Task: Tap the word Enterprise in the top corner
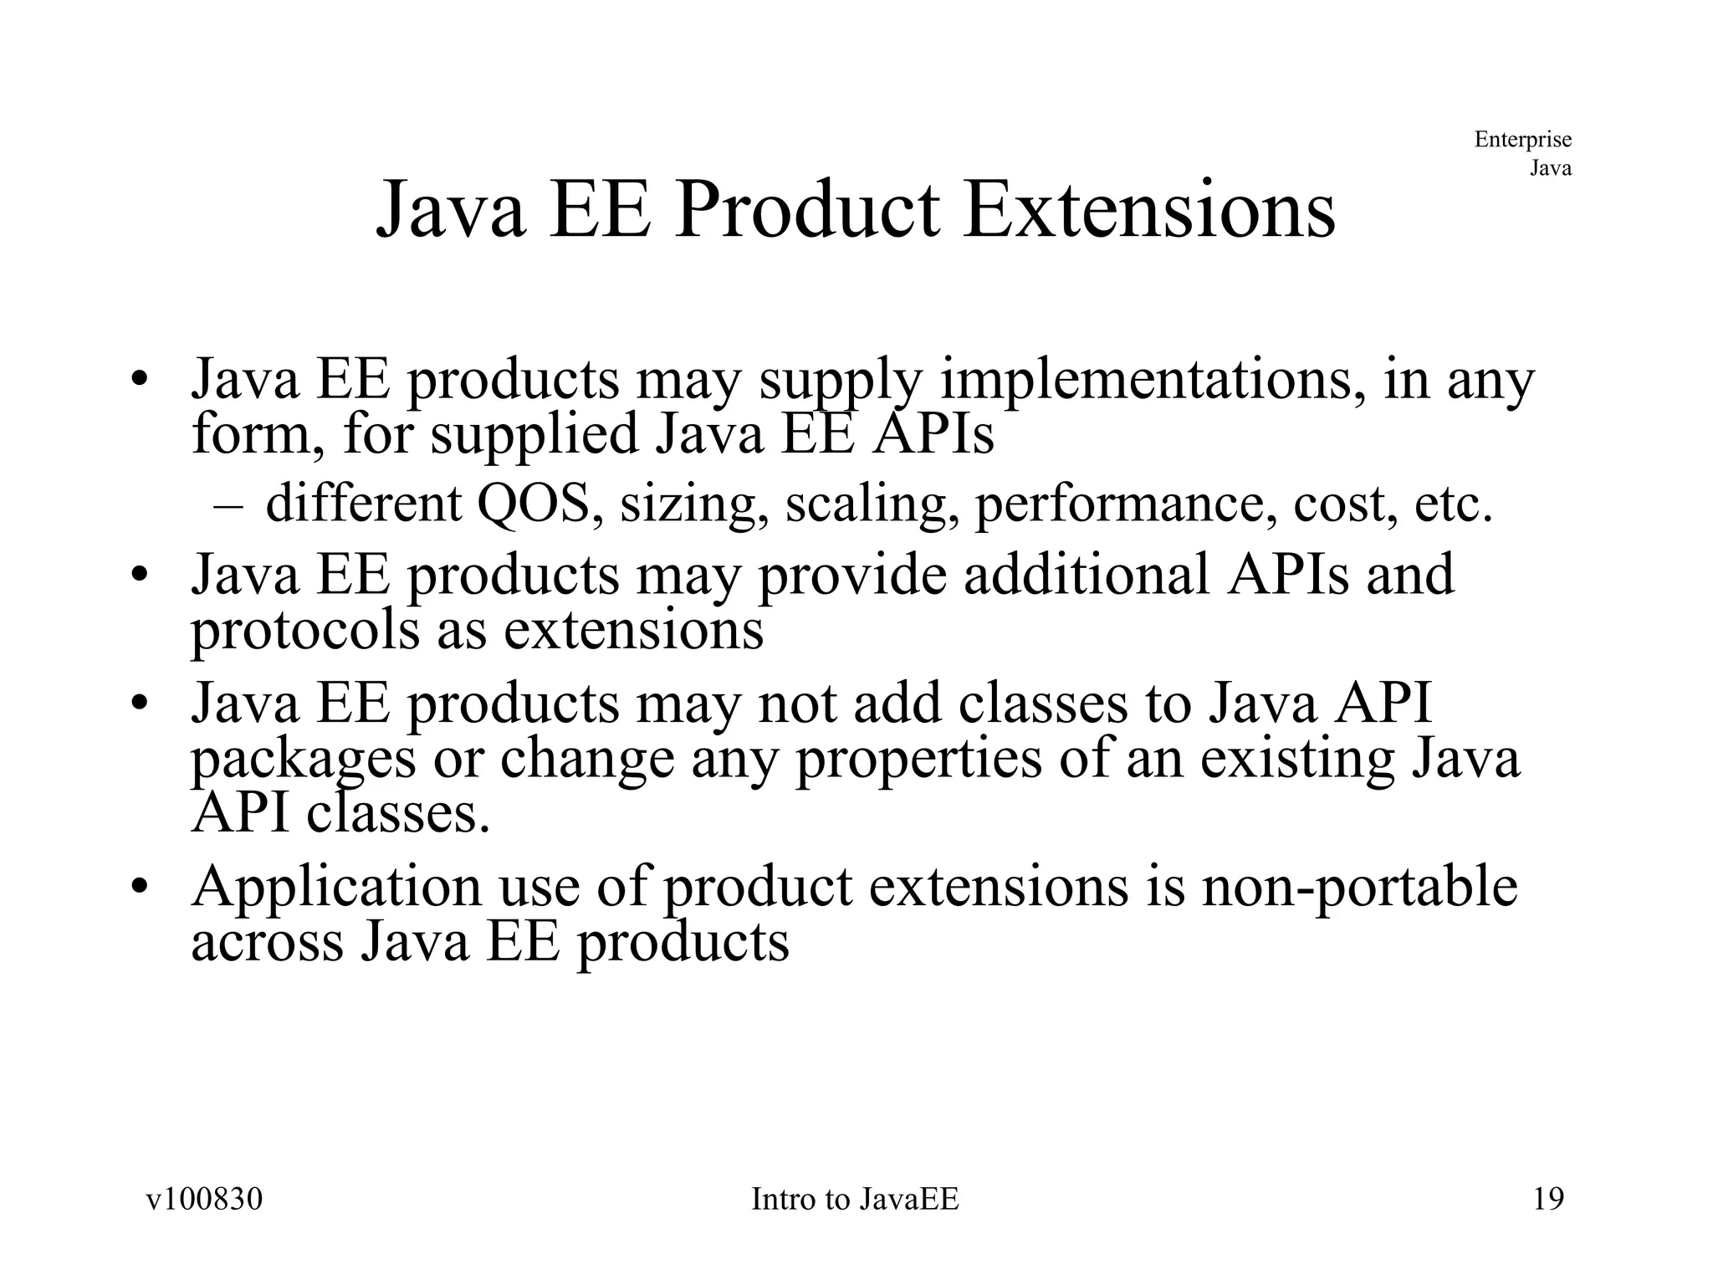(1522, 139)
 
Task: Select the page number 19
(1548, 1199)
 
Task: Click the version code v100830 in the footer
(204, 1199)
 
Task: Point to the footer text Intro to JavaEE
(855, 1199)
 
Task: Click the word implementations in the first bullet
(1153, 381)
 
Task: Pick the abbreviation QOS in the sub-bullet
(532, 504)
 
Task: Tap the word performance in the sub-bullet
(1125, 505)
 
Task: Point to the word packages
(303, 760)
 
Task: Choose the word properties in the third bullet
(918, 760)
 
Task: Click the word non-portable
(1359, 887)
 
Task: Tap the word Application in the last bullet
(336, 887)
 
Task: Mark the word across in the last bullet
(267, 942)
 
